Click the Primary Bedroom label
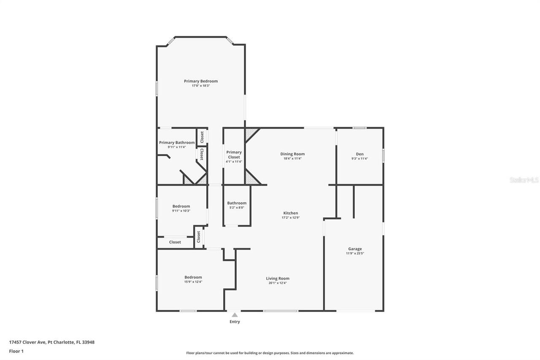pyautogui.click(x=200, y=81)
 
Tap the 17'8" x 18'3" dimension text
pyautogui.click(x=200, y=86)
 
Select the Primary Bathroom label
pyautogui.click(x=177, y=143)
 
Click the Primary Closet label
pyautogui.click(x=234, y=154)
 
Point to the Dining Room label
pyautogui.click(x=292, y=154)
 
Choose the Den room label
pyautogui.click(x=359, y=154)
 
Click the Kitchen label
pyautogui.click(x=290, y=213)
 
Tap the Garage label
pyautogui.click(x=355, y=249)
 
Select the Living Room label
pyautogui.click(x=278, y=278)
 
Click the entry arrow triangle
pyautogui.click(x=235, y=314)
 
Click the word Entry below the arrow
pyautogui.click(x=235, y=322)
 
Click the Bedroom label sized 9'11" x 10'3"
pyautogui.click(x=181, y=206)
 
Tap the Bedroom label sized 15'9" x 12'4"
pyautogui.click(x=193, y=277)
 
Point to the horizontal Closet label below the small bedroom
pyautogui.click(x=175, y=242)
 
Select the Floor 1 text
pyautogui.click(x=16, y=351)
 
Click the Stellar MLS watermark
pyautogui.click(x=524, y=180)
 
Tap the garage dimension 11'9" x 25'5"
pyautogui.click(x=355, y=254)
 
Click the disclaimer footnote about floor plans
pyautogui.click(x=270, y=353)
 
